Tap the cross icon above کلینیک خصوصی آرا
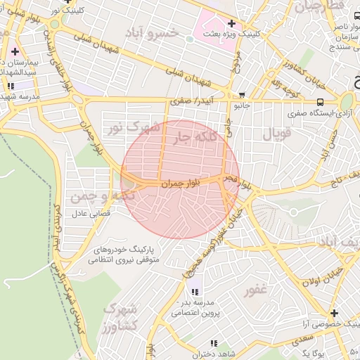333,313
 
